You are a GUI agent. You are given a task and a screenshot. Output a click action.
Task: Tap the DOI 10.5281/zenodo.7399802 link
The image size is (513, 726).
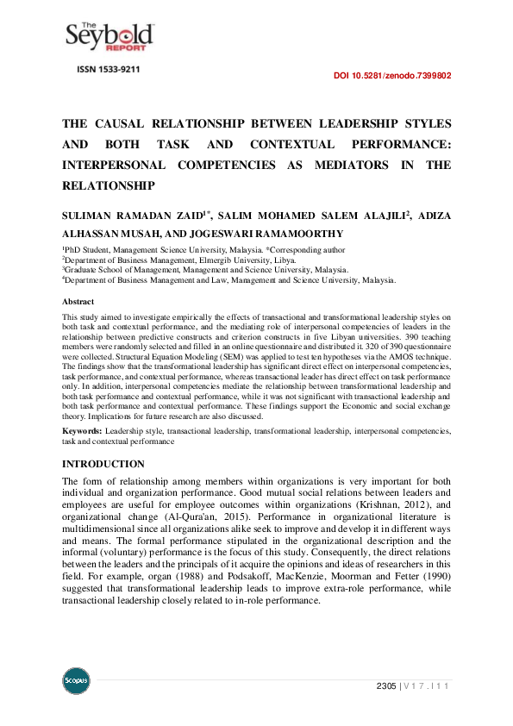(391, 76)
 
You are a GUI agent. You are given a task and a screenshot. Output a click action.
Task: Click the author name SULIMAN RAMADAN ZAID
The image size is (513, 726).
(137, 212)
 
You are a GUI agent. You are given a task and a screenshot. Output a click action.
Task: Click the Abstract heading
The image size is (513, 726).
(78, 302)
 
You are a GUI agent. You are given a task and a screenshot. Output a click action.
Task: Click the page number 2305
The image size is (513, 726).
(385, 686)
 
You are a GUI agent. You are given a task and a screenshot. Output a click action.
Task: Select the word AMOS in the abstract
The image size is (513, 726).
(399, 355)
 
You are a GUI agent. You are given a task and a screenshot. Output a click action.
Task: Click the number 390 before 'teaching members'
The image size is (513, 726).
(404, 337)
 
